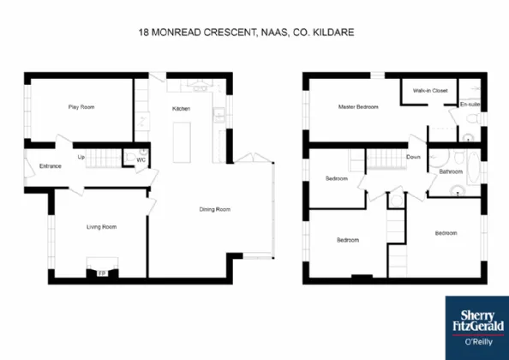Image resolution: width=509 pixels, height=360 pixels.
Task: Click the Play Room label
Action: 81,107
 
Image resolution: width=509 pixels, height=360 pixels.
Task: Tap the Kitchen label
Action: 181,108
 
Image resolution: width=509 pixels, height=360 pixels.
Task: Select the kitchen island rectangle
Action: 182,142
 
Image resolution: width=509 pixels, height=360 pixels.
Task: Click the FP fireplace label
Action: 102,273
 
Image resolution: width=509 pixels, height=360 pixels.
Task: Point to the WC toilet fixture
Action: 130,158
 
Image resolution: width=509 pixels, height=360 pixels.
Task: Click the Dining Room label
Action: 215,209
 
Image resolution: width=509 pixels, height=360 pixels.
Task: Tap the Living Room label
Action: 101,227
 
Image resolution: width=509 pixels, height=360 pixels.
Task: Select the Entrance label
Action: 51,166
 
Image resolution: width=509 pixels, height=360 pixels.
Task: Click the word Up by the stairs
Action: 81,157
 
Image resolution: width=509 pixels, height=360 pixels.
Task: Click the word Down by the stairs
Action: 413,157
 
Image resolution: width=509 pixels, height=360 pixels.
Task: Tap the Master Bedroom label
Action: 358,106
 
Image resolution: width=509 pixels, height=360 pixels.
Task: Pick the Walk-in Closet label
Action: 430,91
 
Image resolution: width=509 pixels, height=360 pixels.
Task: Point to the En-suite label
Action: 470,105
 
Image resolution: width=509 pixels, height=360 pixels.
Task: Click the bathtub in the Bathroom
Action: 473,167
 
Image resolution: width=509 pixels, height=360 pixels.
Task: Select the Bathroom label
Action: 451,171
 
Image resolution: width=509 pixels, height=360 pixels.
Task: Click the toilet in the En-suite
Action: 474,118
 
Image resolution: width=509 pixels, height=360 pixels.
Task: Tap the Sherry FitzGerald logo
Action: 477,328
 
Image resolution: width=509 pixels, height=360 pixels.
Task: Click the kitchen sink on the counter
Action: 219,115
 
